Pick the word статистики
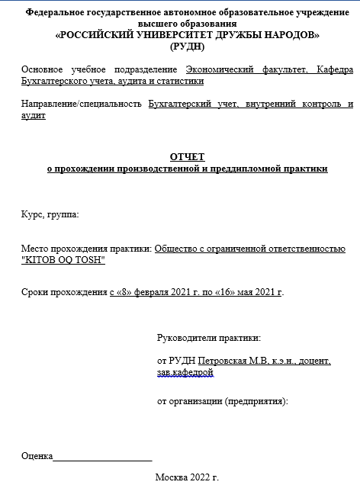[181, 81]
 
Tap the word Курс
[33, 215]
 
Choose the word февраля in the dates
[153, 292]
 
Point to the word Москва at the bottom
[170, 477]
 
